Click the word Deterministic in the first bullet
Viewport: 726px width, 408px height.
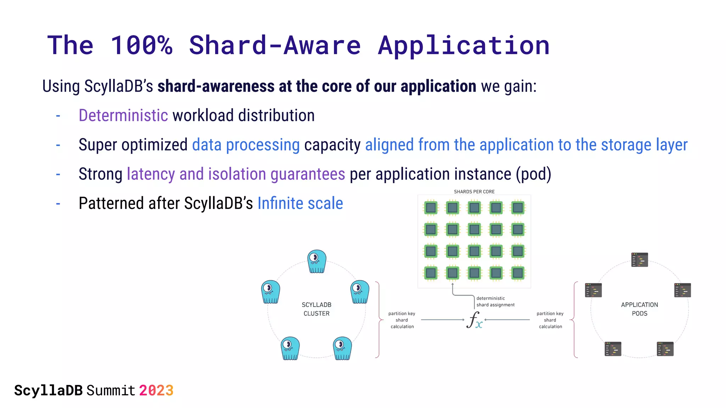(123, 115)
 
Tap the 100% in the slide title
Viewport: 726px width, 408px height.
(141, 45)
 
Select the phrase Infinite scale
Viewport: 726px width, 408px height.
(300, 203)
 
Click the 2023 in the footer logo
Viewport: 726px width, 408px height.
(156, 390)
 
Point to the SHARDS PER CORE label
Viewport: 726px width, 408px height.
(474, 192)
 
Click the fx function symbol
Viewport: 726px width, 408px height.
(474, 320)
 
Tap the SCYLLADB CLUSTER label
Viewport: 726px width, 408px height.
(316, 309)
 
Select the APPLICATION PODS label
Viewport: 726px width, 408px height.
(639, 309)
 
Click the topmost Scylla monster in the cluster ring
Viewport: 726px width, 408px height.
(317, 261)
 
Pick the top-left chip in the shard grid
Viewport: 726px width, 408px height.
(431, 208)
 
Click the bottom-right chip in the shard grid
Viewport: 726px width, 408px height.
(518, 273)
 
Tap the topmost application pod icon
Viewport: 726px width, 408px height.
(640, 260)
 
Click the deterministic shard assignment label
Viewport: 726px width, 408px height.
(495, 301)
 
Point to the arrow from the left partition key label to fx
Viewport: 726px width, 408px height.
(442, 320)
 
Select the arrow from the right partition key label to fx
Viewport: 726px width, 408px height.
(507, 320)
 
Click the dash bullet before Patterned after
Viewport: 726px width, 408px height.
(58, 204)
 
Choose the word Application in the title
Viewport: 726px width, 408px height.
(464, 45)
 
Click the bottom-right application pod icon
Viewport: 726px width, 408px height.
(665, 349)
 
